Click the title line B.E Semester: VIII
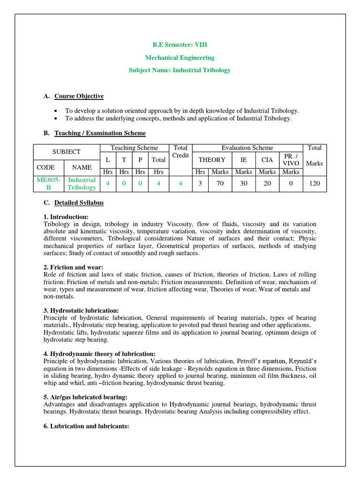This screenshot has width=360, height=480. click(x=180, y=45)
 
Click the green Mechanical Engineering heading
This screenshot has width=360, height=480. click(x=180, y=58)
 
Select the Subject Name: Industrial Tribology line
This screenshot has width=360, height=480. click(x=180, y=70)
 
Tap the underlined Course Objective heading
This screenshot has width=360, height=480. click(x=79, y=96)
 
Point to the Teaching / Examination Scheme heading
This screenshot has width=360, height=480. click(x=100, y=133)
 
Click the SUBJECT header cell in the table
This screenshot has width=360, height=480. click(x=67, y=152)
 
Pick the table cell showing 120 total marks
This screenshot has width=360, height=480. click(x=315, y=183)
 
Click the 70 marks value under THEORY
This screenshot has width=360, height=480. click(x=220, y=183)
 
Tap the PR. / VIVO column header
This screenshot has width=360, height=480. click(x=291, y=159)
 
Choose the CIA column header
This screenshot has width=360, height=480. click(x=267, y=160)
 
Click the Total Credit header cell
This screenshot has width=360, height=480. click(x=180, y=151)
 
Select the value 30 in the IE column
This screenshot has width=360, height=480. click(x=244, y=183)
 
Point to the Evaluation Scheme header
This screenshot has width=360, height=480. click(x=247, y=148)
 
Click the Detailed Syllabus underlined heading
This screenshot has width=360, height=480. click(x=79, y=203)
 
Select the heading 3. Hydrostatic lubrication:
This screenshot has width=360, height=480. click(x=81, y=311)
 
